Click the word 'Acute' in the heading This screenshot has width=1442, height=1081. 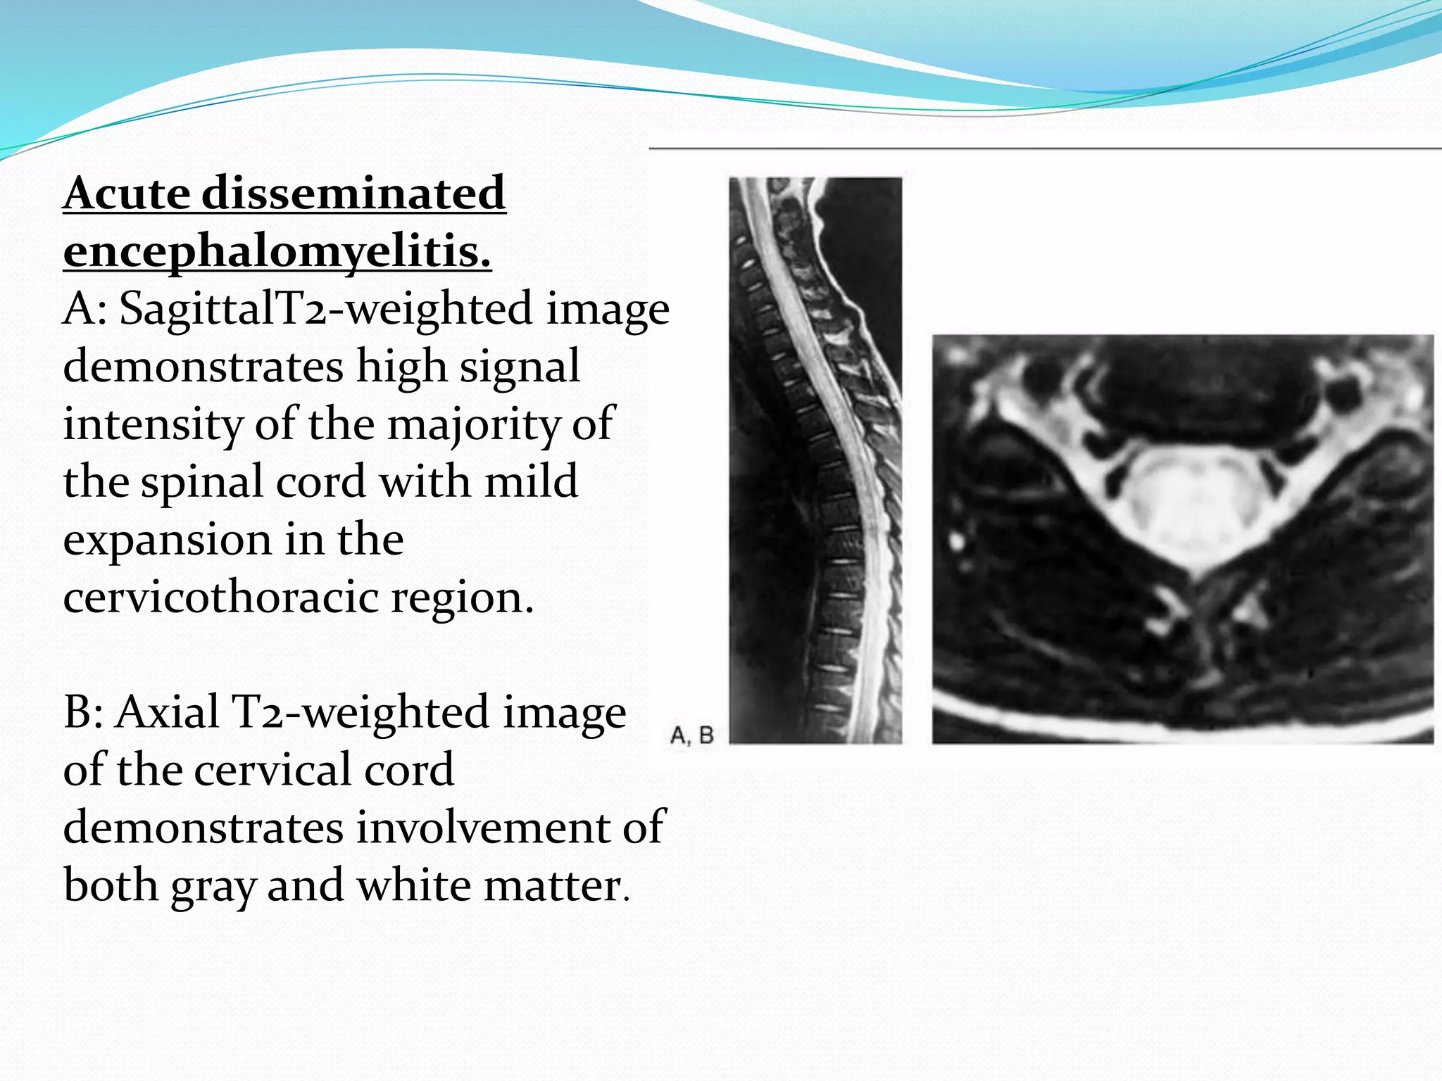coord(127,193)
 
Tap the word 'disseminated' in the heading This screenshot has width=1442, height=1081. coord(353,193)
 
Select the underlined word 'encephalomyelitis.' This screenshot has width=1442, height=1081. coord(277,251)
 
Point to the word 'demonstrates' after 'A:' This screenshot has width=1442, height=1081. coord(203,367)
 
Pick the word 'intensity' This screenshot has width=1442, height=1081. coord(152,424)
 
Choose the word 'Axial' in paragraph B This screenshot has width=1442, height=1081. coord(167,712)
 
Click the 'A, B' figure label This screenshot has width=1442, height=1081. coord(691,736)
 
